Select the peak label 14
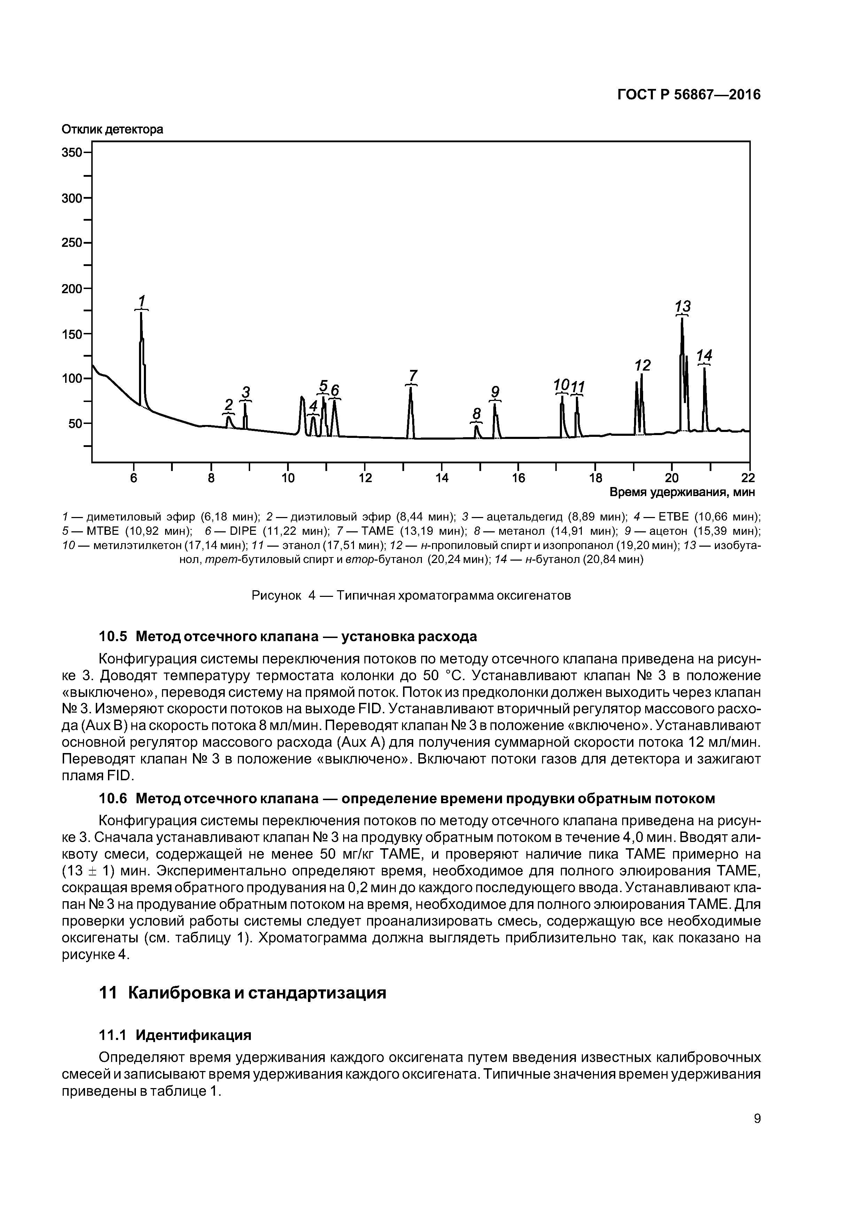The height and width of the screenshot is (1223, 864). click(x=704, y=355)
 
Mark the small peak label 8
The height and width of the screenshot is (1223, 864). click(x=477, y=413)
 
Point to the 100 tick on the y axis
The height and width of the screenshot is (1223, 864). click(x=73, y=379)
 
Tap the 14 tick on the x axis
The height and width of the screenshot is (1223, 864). click(x=442, y=478)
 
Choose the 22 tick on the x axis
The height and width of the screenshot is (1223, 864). click(x=748, y=478)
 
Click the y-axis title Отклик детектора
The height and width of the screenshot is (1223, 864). click(x=112, y=129)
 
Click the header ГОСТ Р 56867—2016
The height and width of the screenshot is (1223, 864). click(x=689, y=95)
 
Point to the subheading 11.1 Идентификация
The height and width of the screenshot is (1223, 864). click(x=175, y=1035)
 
